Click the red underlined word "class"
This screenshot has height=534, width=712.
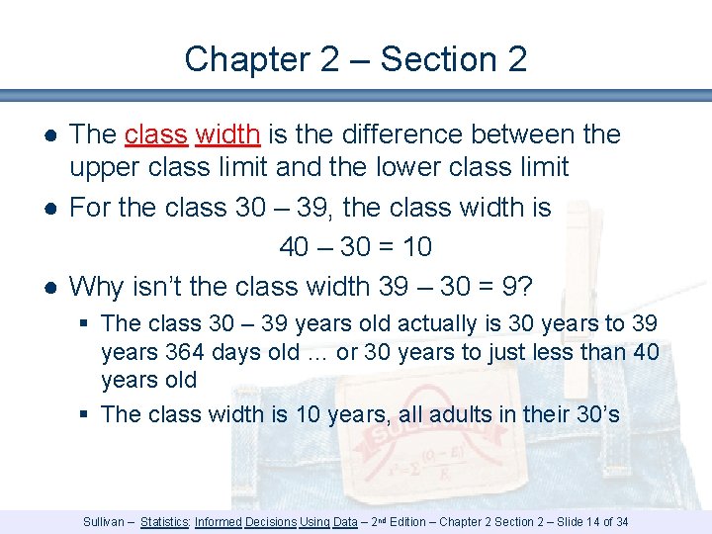pos(155,134)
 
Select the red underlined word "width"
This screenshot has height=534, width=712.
pos(227,134)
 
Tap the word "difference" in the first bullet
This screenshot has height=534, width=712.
pos(408,134)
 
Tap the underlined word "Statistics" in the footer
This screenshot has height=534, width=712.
pos(165,521)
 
